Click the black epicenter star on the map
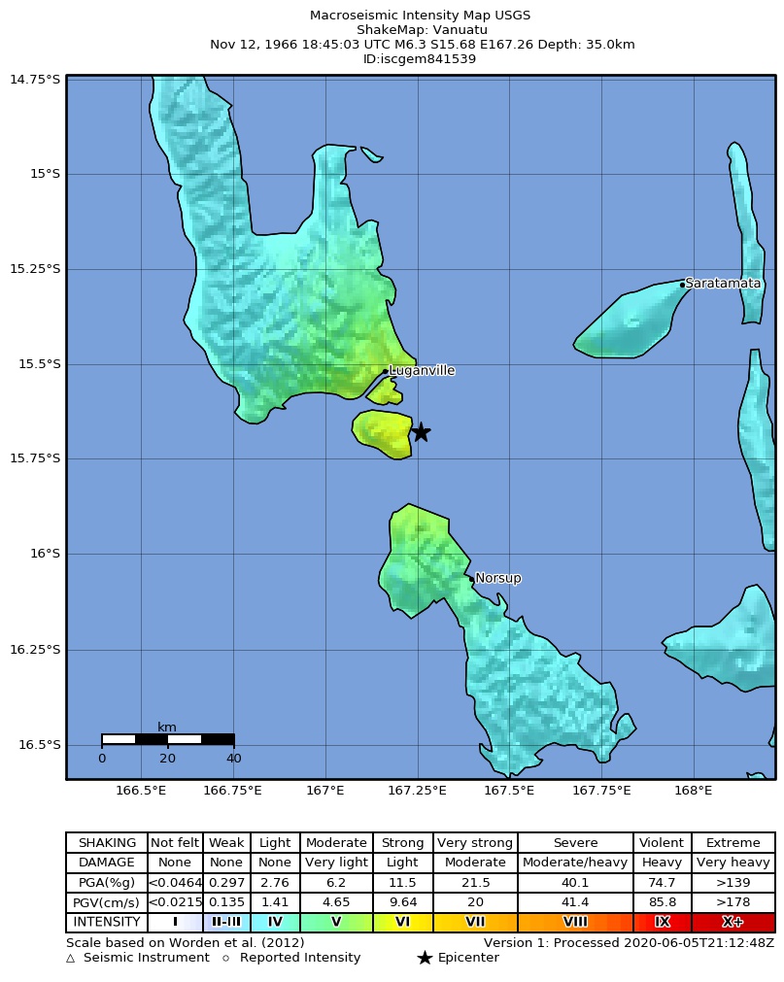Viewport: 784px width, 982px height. click(x=421, y=432)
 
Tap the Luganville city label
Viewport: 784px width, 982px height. click(x=422, y=371)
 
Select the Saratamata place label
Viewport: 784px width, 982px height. click(x=723, y=284)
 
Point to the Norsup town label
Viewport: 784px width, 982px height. click(x=498, y=579)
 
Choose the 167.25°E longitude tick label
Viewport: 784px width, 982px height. click(x=417, y=791)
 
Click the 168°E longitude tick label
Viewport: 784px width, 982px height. click(x=693, y=791)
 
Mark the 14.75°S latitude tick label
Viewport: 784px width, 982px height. click(x=35, y=79)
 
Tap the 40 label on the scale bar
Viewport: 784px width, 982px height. click(x=233, y=759)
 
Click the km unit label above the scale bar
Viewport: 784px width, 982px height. click(x=167, y=728)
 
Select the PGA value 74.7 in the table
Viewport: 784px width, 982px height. click(x=663, y=882)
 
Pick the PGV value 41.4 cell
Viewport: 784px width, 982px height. click(x=575, y=902)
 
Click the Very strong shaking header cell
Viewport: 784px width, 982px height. click(x=475, y=843)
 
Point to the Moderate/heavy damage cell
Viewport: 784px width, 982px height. click(x=575, y=863)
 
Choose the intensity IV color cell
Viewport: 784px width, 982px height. click(x=275, y=922)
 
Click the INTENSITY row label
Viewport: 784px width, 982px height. click(x=107, y=922)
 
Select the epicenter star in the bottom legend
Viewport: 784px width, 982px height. click(x=425, y=959)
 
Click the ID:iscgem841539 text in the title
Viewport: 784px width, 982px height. click(x=420, y=59)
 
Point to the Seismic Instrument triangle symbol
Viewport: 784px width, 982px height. click(x=71, y=959)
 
